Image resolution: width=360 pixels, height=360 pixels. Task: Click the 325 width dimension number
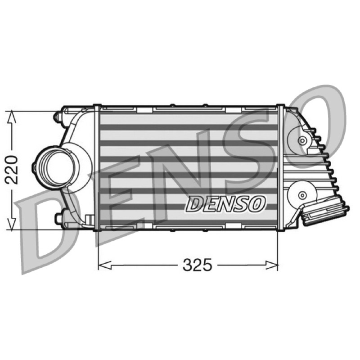197,265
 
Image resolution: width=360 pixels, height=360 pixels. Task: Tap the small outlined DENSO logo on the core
225,203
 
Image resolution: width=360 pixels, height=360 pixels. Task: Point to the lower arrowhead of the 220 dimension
12,223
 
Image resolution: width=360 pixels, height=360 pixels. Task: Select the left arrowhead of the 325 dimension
105,265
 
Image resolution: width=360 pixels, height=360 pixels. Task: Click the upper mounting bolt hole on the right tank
301,140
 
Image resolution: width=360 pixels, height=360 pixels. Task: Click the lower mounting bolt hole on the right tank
302,195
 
